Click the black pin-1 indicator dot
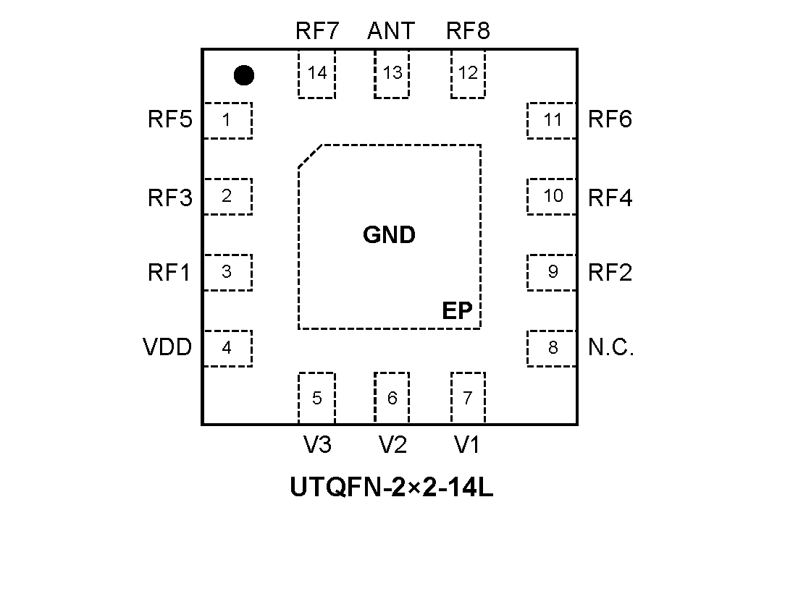[x=244, y=75]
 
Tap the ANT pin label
[x=391, y=31]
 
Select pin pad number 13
[x=392, y=74]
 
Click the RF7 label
[x=316, y=31]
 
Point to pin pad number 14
[x=316, y=74]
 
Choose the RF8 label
[x=468, y=31]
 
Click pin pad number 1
[x=227, y=120]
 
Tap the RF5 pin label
[x=170, y=119]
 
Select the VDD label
[x=168, y=348]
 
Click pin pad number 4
[x=227, y=348]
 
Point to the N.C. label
[x=611, y=348]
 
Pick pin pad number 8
[x=553, y=348]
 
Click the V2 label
[x=392, y=445]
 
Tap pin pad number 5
[x=316, y=398]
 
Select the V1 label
[x=467, y=445]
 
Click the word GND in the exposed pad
[x=390, y=235]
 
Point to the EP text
[x=457, y=311]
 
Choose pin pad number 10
[x=553, y=196]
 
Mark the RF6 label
[x=610, y=119]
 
